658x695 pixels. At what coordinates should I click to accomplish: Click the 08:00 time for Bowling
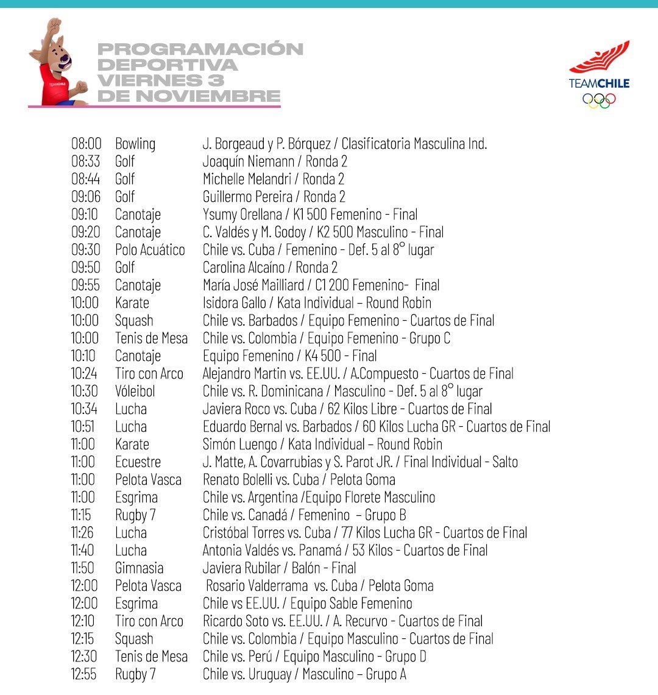(86, 144)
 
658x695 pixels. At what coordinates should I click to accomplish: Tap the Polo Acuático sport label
(150, 250)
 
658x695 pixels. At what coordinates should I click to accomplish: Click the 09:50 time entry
(86, 268)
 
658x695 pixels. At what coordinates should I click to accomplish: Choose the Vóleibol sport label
(135, 391)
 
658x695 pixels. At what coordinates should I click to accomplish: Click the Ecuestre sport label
(138, 462)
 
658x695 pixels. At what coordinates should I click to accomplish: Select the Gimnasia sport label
(139, 568)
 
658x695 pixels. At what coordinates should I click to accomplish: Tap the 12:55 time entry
(83, 674)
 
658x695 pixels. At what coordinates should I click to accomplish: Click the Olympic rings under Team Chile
(599, 101)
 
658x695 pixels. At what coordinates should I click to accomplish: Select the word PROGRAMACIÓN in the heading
(200, 49)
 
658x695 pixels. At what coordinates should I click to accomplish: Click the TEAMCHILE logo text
(599, 84)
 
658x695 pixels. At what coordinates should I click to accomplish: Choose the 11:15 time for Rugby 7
(82, 515)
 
